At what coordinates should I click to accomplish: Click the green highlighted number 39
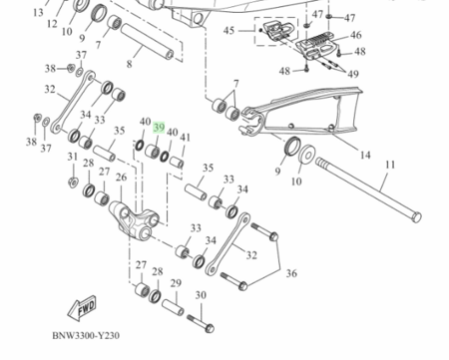(x=159, y=128)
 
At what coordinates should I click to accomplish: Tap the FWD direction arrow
(x=82, y=308)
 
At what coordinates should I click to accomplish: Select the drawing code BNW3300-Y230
(x=86, y=335)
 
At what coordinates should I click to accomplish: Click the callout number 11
(x=390, y=165)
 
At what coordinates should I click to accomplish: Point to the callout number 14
(x=365, y=155)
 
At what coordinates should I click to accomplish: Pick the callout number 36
(x=291, y=273)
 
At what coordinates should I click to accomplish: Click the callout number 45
(x=228, y=31)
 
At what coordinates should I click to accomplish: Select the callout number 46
(x=355, y=35)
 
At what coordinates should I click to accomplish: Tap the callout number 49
(x=353, y=74)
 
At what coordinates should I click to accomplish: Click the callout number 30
(x=201, y=295)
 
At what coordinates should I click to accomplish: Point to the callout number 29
(x=176, y=283)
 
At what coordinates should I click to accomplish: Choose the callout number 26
(x=121, y=178)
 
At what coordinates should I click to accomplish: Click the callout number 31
(x=73, y=157)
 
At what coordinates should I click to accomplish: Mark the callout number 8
(x=129, y=64)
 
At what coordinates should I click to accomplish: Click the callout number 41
(x=185, y=137)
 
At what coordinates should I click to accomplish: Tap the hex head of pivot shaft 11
(x=416, y=217)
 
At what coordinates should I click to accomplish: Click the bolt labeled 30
(x=201, y=323)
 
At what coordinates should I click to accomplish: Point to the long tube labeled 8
(x=147, y=41)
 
